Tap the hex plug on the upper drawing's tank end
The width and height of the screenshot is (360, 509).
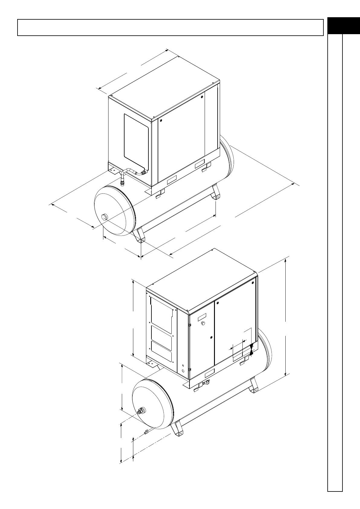tap(105, 216)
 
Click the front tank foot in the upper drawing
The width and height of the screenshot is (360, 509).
tap(139, 236)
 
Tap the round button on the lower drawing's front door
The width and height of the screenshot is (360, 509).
tap(203, 323)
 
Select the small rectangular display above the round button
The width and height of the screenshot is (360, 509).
tap(202, 317)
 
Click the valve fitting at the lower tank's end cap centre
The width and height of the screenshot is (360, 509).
tap(141, 411)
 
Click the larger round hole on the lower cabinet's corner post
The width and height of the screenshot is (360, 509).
tap(183, 371)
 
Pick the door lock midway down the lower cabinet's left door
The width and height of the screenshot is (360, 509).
tap(211, 337)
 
